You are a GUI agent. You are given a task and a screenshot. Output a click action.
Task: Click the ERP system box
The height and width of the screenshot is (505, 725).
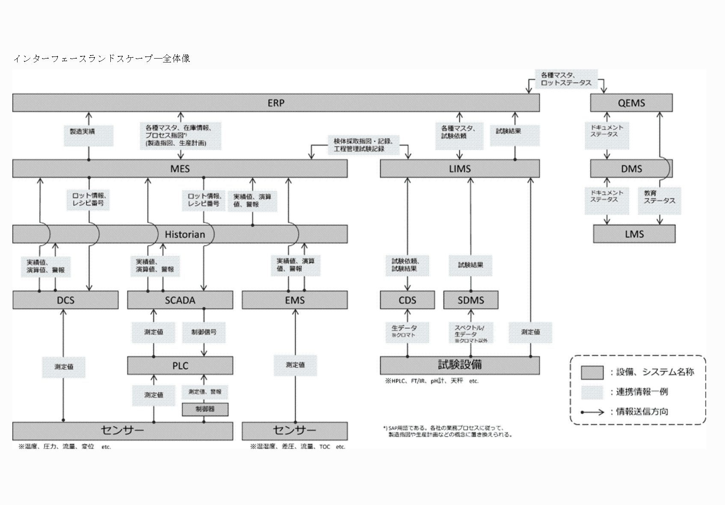tap(276, 103)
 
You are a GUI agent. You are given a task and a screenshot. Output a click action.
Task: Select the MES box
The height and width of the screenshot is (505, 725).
tap(180, 169)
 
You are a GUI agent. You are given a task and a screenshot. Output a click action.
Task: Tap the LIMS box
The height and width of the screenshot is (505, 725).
tap(460, 169)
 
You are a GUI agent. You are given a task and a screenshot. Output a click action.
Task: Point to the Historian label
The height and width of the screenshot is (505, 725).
tap(185, 234)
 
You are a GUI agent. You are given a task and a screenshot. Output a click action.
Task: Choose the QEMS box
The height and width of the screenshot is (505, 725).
tap(631, 103)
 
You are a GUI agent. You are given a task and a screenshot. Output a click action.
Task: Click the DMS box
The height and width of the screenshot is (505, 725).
tap(631, 169)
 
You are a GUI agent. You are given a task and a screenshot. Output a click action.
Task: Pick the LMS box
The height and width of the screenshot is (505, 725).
tap(634, 234)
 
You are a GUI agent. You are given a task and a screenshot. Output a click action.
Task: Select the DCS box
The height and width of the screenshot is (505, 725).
tap(65, 300)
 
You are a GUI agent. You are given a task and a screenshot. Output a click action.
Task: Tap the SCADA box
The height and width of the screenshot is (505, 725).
tap(180, 300)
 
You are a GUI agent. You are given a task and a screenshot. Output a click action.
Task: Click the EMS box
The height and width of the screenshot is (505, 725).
tap(295, 300)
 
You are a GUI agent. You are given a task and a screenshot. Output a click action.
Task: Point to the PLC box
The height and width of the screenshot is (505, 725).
tap(180, 366)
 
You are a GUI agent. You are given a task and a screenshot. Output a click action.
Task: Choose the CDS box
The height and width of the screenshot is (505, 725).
tap(407, 300)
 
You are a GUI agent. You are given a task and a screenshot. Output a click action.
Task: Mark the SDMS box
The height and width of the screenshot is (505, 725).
tap(471, 300)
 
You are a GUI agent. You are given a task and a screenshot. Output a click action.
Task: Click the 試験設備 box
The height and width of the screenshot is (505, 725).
tap(460, 365)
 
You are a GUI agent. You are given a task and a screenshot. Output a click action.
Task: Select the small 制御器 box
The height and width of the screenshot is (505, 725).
tap(205, 409)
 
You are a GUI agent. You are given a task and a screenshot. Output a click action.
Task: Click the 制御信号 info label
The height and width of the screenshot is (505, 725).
tap(204, 332)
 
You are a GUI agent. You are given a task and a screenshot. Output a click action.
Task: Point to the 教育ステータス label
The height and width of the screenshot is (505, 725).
tap(659, 197)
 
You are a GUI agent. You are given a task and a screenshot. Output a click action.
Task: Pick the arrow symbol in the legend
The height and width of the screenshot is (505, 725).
tap(592, 412)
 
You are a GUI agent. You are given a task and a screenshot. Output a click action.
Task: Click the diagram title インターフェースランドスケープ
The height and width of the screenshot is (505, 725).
tap(101, 59)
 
